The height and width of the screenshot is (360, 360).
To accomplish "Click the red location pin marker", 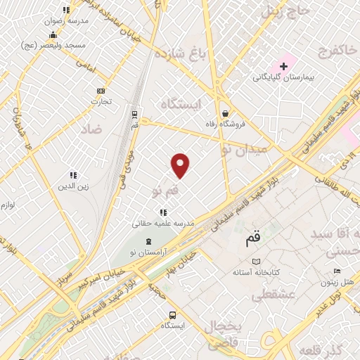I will point(181,165).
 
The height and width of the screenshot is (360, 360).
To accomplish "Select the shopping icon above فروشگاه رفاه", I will point(224,112).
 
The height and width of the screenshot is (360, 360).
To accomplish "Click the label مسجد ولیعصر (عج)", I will point(62,44).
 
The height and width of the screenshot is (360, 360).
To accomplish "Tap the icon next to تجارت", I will point(101,90).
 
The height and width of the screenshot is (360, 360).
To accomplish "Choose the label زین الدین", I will point(72,187).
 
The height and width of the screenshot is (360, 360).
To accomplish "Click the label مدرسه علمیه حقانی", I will point(163,223).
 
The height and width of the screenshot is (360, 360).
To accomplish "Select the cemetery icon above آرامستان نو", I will point(148,241).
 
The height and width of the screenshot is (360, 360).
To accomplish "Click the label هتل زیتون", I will point(336,283).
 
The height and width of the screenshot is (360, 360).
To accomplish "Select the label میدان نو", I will point(245,148).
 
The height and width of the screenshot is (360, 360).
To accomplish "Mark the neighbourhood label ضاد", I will point(91,129).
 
